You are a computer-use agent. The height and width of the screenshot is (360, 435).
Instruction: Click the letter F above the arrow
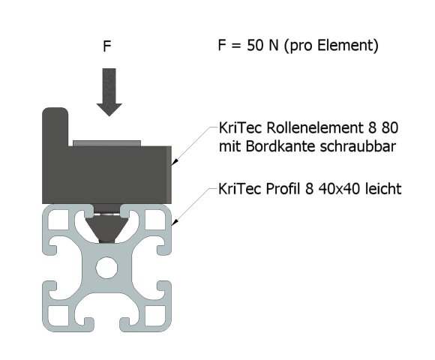pyautogui.click(x=108, y=46)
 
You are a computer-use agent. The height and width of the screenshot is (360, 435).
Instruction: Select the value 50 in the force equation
pyautogui.click(x=255, y=46)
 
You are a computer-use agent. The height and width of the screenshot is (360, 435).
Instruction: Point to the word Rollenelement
pyautogui.click(x=296, y=127)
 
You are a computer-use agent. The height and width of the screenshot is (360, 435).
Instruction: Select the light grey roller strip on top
pyautogui.click(x=106, y=142)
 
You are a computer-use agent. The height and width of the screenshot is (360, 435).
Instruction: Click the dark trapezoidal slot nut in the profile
pyautogui.click(x=109, y=225)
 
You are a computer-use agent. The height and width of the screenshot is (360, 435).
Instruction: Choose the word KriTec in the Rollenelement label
pyautogui.click(x=236, y=127)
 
